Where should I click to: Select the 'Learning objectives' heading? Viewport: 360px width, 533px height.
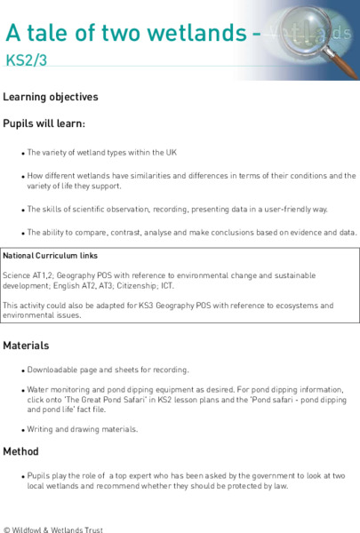point(51,97)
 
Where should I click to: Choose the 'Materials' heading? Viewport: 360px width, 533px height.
point(26,345)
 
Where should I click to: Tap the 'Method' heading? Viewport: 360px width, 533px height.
point(20,451)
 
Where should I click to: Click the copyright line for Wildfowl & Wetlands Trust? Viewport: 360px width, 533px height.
point(53,529)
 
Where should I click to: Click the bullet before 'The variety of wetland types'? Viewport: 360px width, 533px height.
point(22,153)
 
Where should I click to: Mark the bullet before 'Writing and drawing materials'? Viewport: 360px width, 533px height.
point(22,430)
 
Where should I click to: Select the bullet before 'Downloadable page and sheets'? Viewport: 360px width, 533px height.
point(22,370)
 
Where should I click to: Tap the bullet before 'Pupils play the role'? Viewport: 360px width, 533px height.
point(22,476)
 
